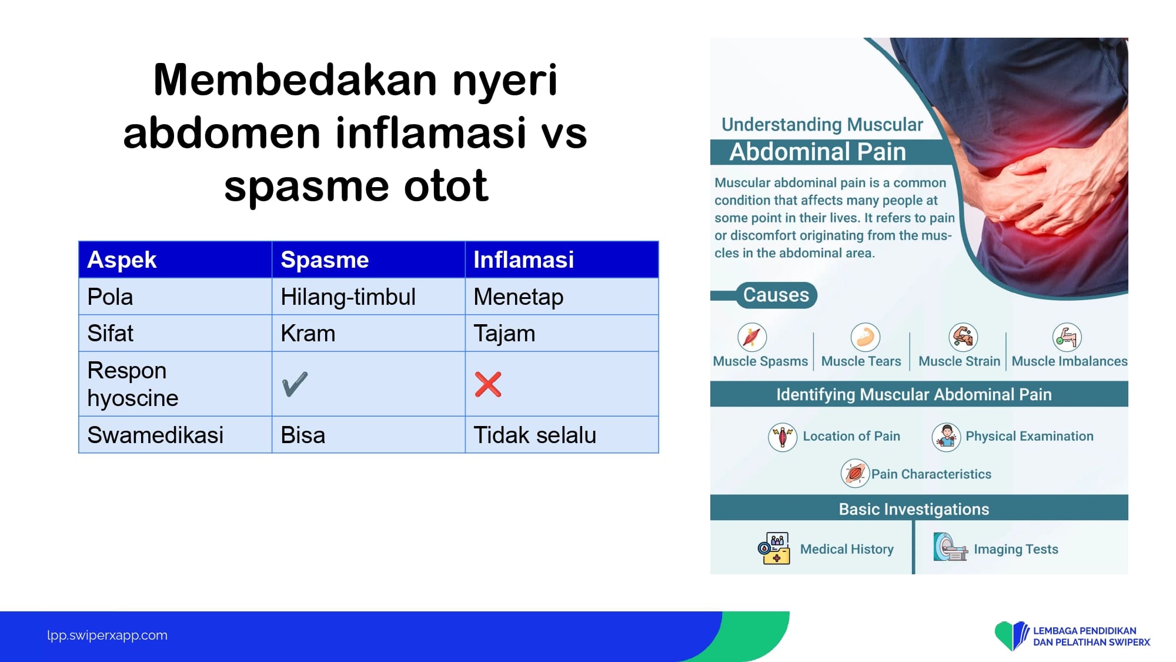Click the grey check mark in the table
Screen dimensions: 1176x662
(295, 384)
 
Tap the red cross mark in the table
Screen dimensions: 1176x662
(488, 385)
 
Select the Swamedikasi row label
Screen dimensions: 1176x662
(155, 435)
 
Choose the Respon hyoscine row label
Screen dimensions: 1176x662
(133, 384)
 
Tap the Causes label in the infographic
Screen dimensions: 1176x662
(776, 295)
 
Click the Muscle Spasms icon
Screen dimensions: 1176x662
(752, 337)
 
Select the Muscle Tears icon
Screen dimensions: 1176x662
(865, 337)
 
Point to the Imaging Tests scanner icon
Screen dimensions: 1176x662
(950, 547)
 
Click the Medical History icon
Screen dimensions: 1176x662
(774, 548)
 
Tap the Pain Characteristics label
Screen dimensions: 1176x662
(931, 474)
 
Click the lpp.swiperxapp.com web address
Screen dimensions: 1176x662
(107, 636)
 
